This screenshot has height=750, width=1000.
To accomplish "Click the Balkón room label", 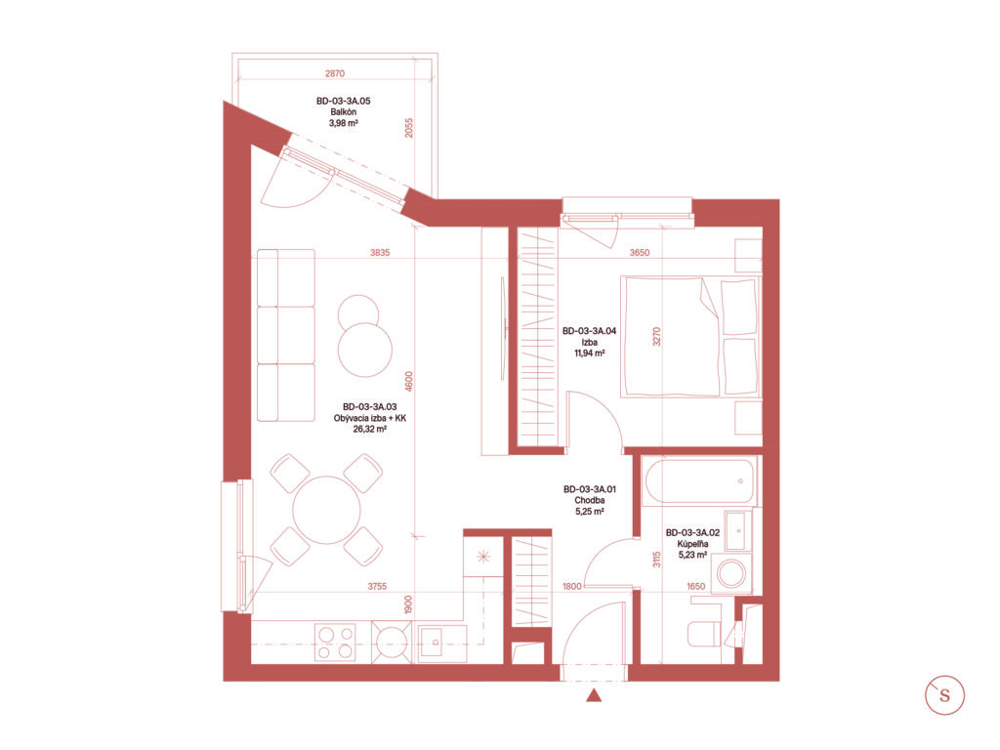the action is pos(343,111).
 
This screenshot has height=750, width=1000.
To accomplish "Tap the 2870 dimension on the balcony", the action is pos(335,73).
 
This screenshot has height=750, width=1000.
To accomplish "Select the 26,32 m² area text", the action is pos(370,430).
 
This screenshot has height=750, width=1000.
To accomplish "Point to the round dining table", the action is pos(326,510).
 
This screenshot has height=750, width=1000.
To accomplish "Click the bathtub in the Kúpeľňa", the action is pos(699,482).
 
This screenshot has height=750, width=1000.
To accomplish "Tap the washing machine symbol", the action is pos(731,573).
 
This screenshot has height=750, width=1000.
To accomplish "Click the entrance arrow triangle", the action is pos(594,695).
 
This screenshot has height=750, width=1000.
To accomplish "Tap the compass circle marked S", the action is pos(944,694).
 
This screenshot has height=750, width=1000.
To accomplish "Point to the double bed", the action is pos(690,337).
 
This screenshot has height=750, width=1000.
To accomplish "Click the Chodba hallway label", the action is pos(589,501).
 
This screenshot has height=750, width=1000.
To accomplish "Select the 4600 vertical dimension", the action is pos(409,382).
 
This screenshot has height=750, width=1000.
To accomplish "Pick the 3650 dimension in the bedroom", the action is pos(639,253).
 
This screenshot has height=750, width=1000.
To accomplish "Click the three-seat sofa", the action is pos(286,336).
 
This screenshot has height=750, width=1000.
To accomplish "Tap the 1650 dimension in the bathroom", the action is pos(695,586).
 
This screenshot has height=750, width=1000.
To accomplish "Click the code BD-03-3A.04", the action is pos(589,331).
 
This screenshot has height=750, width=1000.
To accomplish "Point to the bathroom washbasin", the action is pos(738,530).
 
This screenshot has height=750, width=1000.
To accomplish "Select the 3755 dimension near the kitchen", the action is pos(377,586).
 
